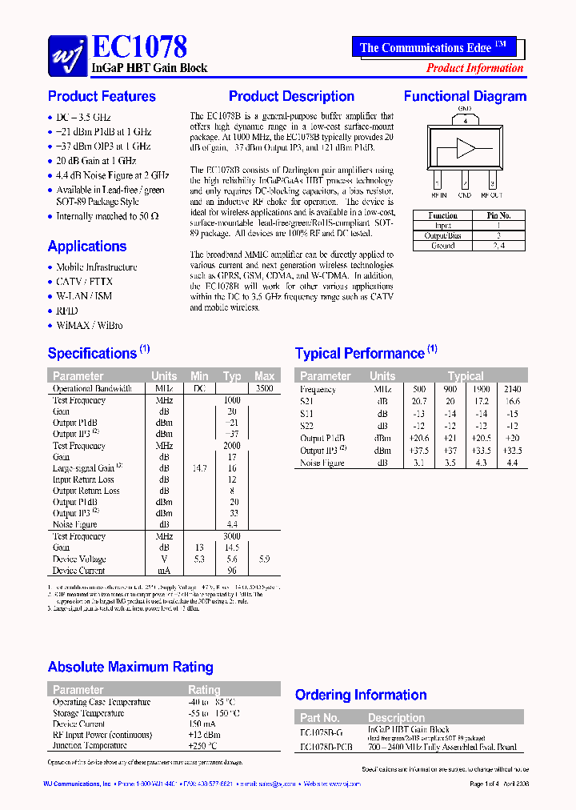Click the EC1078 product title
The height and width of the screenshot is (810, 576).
point(140,46)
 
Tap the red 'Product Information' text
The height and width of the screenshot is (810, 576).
point(474,68)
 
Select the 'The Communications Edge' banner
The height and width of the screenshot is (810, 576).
point(433,47)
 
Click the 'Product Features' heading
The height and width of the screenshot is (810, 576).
point(102,97)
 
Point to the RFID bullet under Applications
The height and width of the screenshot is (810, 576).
point(67,311)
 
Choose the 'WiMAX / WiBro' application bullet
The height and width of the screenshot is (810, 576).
point(89,326)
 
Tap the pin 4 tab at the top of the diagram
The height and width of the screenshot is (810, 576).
point(464,120)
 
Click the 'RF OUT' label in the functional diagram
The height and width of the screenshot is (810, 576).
point(491,194)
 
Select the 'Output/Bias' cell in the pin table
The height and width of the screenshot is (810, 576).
point(442,236)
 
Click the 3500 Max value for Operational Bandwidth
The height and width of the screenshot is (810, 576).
point(264,389)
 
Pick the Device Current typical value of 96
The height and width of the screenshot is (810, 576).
point(232,571)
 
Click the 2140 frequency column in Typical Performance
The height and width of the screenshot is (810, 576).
point(512,390)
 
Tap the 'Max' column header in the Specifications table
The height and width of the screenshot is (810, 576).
point(264,376)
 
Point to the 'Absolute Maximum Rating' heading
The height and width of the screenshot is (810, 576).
point(130,667)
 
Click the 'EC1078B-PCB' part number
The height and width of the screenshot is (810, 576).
point(326,747)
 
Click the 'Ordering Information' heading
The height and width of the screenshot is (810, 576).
point(361,695)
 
